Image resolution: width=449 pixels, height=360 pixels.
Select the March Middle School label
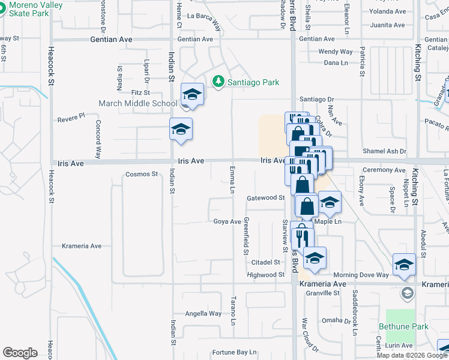139,103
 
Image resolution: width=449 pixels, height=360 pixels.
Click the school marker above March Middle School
192,94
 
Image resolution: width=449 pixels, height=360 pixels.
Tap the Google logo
20,353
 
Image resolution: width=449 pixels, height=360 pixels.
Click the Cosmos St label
141,175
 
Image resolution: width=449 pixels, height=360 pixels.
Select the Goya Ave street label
227,221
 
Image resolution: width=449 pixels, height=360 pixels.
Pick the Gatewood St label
265,197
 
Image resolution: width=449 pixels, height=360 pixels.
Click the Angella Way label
203,313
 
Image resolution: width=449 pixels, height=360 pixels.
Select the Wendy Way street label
336,52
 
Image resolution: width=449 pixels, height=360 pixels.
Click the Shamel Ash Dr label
386,151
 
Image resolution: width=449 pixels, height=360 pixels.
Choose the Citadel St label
266,262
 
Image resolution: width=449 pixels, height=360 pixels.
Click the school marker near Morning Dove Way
404,265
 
